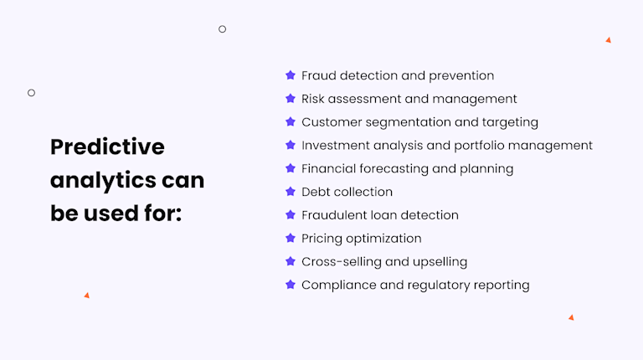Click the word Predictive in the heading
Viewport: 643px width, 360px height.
click(107, 147)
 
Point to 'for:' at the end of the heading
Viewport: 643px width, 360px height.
click(161, 213)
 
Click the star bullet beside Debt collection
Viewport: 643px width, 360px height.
click(291, 192)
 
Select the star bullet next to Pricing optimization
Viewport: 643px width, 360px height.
click(291, 239)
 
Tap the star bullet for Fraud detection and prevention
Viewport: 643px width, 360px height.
click(291, 75)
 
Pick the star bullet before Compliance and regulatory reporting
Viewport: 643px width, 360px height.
click(291, 285)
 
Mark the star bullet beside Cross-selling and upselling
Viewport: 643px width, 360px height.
click(291, 261)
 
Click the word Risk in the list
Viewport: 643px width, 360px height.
click(313, 99)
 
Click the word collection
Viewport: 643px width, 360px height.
click(363, 192)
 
